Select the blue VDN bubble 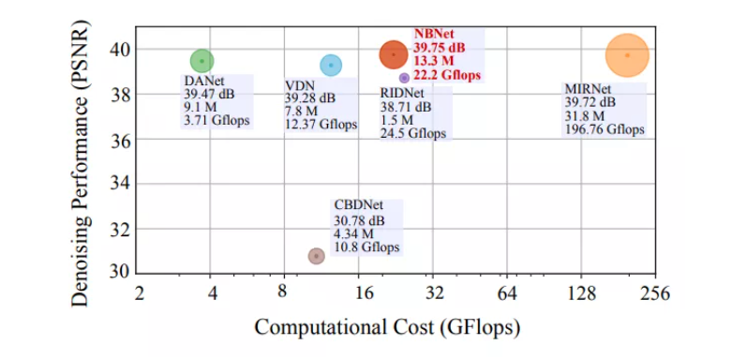331,65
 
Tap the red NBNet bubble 394,54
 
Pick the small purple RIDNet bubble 404,78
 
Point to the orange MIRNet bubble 627,55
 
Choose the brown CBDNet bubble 317,256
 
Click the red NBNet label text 436,34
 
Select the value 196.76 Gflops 604,129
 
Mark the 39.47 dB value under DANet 208,94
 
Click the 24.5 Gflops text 413,134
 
